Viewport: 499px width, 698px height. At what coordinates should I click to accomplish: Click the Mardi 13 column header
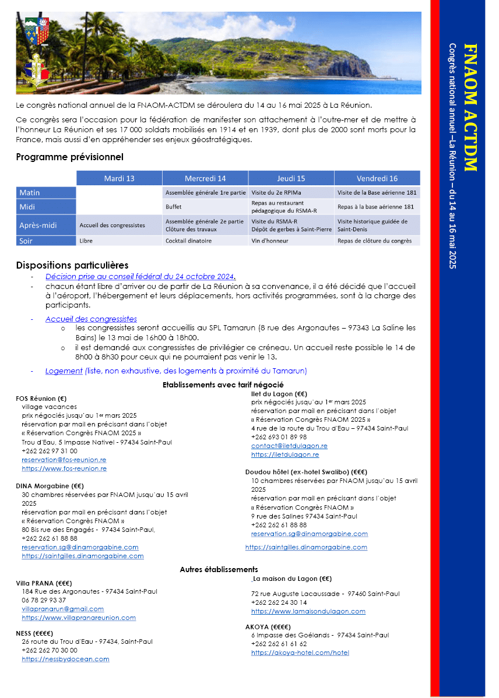pos(119,178)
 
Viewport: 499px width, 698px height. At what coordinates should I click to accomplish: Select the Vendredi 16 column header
pos(378,178)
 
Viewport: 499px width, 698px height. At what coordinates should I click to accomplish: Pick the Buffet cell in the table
pos(174,207)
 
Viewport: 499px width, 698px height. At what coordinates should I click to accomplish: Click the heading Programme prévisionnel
pos(69,157)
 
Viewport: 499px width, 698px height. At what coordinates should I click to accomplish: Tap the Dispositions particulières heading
pos(72,266)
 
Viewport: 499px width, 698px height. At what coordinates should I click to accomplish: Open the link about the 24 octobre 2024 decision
pos(140,277)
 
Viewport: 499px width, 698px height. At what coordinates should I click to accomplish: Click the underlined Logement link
pos(64,371)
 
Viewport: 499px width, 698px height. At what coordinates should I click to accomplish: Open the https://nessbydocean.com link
pos(65,659)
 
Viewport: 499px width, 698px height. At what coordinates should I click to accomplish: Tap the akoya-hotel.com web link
pos(300,653)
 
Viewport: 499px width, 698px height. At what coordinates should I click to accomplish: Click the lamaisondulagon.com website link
pos(308,611)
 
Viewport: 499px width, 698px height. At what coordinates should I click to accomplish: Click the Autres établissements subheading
pos(219,569)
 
